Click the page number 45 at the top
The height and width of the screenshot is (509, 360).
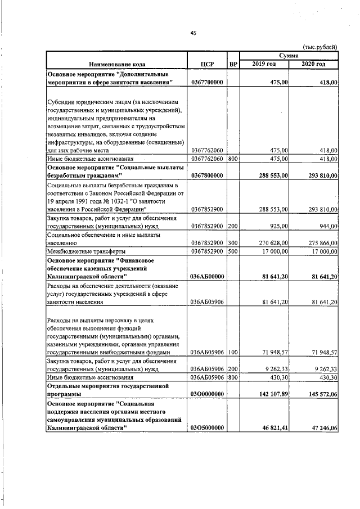tap(192, 33)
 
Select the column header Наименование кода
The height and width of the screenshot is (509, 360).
tap(116, 64)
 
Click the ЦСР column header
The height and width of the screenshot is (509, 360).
tap(207, 64)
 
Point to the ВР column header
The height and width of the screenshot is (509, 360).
tap(233, 64)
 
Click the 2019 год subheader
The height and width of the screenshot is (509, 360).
tap(264, 64)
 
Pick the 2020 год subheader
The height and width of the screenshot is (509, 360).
tap(314, 64)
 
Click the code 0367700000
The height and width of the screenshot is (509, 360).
tap(207, 82)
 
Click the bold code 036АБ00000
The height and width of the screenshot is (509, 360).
tap(207, 276)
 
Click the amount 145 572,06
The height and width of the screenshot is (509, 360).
tap(317, 394)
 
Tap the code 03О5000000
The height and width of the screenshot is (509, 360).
tap(207, 428)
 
